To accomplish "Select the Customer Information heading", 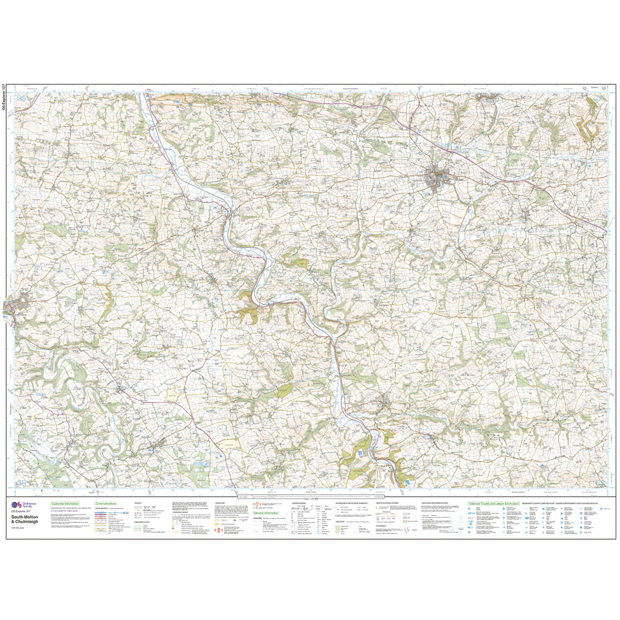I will click(65, 504).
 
